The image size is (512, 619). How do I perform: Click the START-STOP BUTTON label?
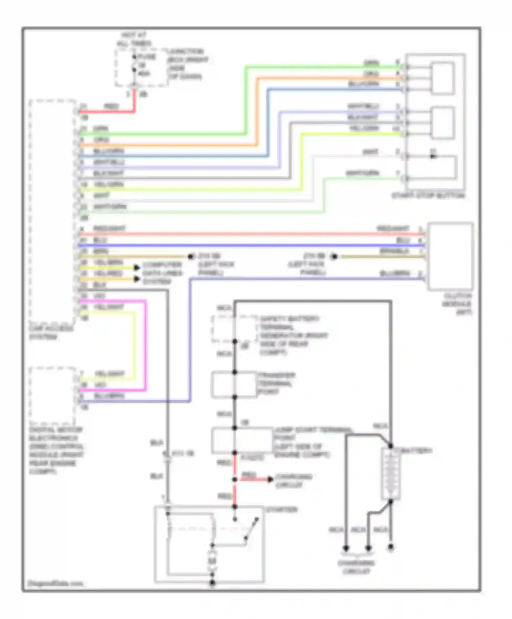(428, 196)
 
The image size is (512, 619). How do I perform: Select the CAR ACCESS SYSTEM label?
(51, 333)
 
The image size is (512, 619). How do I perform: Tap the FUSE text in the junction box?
(147, 57)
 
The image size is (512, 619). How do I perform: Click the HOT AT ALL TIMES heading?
(134, 39)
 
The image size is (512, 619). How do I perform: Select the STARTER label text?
(282, 509)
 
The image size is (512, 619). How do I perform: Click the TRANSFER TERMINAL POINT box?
(234, 385)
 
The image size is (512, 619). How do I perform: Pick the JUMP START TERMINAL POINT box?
(242, 440)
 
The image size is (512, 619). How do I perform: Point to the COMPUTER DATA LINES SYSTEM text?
(162, 273)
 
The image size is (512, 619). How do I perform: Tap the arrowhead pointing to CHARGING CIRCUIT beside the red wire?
(270, 479)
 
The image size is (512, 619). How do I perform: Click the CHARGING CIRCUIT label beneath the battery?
(356, 567)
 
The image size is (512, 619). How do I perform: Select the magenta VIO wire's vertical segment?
(145, 345)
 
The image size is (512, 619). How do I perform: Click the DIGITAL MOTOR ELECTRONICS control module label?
(56, 450)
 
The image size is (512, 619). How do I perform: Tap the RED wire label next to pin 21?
(111, 107)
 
